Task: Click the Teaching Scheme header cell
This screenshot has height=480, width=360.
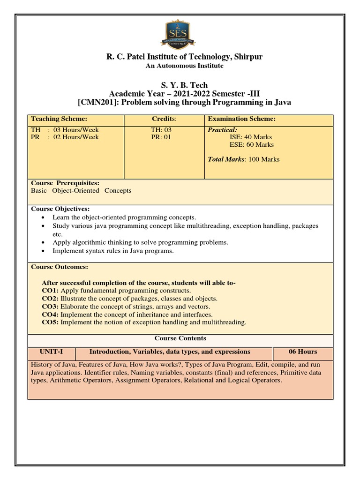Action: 59,120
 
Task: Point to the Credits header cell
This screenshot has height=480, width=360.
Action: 164,120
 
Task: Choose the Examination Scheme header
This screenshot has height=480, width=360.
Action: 241,120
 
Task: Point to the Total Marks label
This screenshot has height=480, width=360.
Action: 226,159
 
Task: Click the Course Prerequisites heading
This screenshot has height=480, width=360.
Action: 65,183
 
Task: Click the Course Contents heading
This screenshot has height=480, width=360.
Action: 180,338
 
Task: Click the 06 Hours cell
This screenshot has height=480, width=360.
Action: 303,352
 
